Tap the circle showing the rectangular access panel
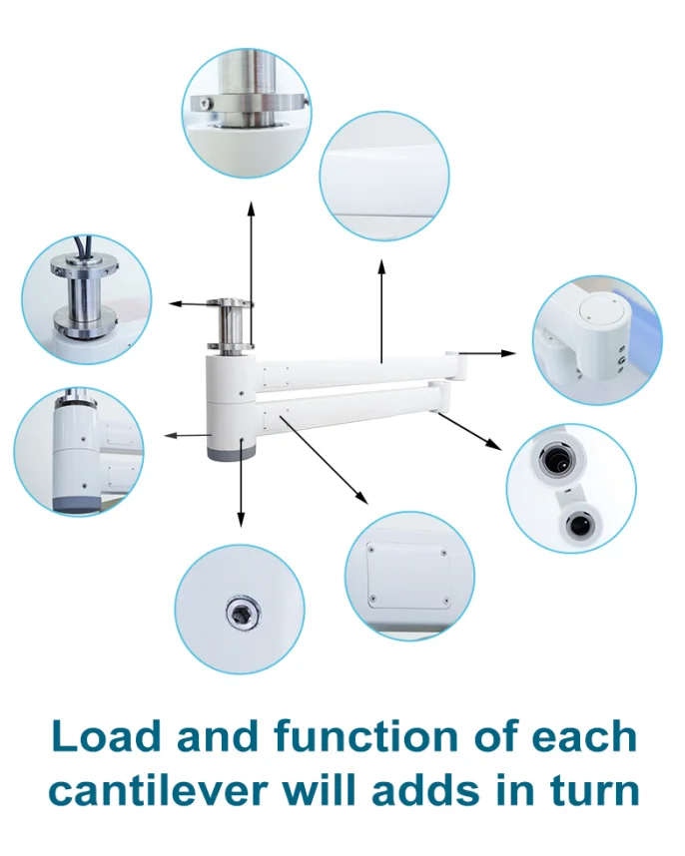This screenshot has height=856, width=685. (x=409, y=576)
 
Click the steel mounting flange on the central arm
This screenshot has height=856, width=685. (x=230, y=303)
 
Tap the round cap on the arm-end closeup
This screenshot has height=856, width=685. (x=599, y=312)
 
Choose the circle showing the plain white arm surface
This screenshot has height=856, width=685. (x=384, y=177)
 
